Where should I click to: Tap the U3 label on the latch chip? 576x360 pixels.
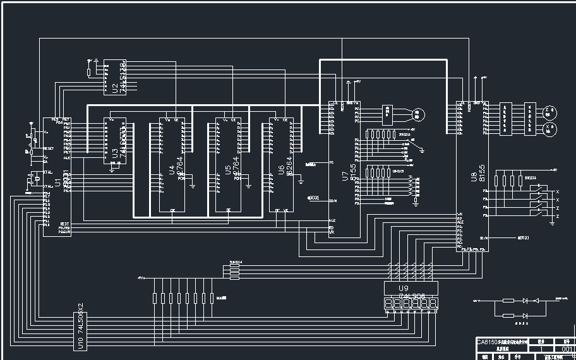(x=114, y=151)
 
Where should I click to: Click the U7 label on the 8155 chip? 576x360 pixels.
(x=344, y=176)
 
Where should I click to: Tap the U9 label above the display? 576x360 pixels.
(x=404, y=288)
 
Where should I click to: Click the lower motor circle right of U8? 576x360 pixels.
(x=550, y=129)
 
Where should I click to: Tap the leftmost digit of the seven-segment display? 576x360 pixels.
(x=388, y=305)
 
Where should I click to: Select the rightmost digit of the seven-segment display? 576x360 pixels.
(x=434, y=305)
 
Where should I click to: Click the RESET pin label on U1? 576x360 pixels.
(x=49, y=149)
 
